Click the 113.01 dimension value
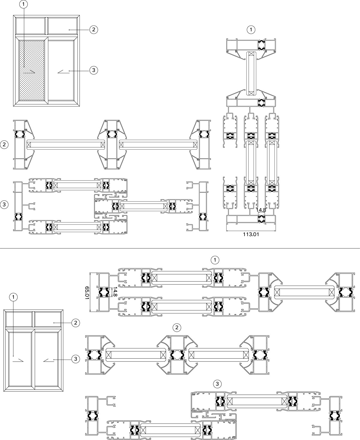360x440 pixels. tap(251, 234)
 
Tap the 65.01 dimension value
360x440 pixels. tap(87, 293)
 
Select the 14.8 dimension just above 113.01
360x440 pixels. tap(261, 210)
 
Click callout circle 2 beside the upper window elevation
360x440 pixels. tap(94, 30)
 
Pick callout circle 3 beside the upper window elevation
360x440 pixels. tap(94, 70)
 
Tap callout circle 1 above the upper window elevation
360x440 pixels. tap(24, 4)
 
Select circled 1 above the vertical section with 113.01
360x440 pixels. tap(251, 30)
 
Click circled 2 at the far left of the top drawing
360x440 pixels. tap(4, 145)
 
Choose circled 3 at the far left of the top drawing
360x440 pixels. tap(4, 205)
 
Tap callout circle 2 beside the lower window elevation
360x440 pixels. tap(76, 323)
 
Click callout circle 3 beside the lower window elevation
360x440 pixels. tap(76, 359)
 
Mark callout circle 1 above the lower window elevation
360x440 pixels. tap(13, 297)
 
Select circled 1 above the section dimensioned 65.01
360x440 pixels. tap(215, 260)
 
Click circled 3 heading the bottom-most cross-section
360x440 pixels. tap(217, 384)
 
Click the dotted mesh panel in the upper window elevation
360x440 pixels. tap(32, 70)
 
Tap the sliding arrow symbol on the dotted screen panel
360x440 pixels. tap(29, 72)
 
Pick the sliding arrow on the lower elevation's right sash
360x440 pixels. tap(49, 360)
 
